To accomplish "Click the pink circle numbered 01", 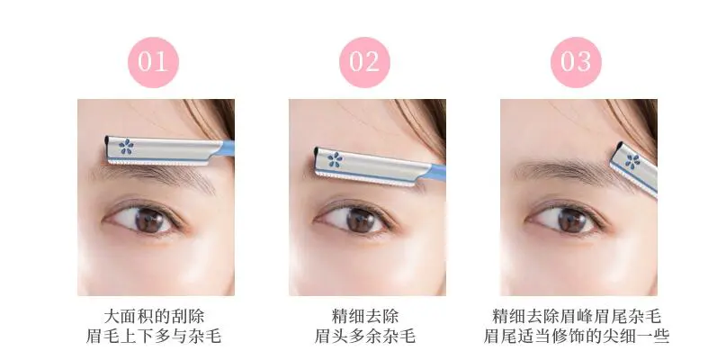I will [153, 61].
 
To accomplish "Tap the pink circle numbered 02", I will [364, 61].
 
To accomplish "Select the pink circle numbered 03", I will [576, 61].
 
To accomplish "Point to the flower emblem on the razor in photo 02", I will [335, 161].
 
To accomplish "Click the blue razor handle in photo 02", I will [435, 173].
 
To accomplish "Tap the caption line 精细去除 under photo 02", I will [364, 317].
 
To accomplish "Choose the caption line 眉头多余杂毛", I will [364, 337].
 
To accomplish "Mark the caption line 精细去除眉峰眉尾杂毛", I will [576, 317].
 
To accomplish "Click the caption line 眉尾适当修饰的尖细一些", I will [576, 337].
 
